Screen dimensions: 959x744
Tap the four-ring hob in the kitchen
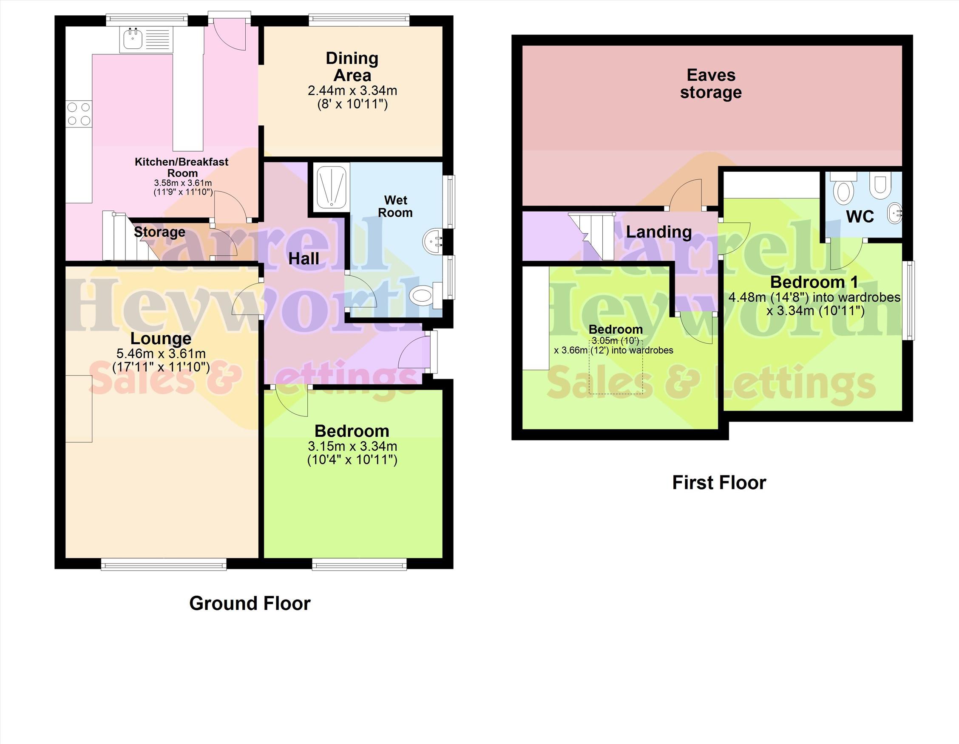click(79, 113)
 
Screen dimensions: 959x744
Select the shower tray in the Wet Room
click(332, 186)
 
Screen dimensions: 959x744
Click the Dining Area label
click(352, 67)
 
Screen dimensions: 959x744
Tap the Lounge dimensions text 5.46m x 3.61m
click(161, 354)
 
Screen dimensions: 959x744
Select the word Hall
click(304, 258)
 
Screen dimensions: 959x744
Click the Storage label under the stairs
click(159, 232)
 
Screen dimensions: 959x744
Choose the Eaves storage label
click(711, 84)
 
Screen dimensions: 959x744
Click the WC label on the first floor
click(860, 216)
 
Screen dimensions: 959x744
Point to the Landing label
click(658, 232)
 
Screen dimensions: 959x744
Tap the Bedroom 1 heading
click(814, 282)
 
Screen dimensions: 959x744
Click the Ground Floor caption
click(250, 603)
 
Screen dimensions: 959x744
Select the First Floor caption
click(719, 483)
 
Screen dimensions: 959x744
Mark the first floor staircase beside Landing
click(592, 236)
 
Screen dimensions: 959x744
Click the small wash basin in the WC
click(895, 214)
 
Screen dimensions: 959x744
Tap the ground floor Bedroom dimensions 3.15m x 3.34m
click(352, 447)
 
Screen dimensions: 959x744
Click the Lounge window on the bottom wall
click(164, 564)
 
